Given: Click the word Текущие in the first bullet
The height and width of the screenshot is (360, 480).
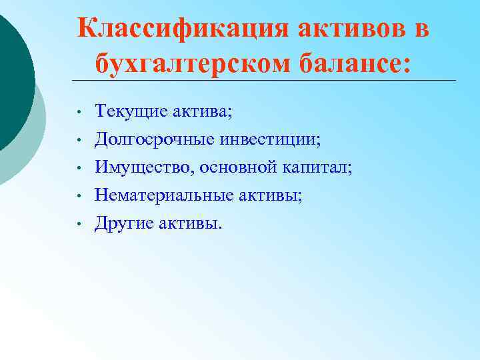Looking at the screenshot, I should [124, 111].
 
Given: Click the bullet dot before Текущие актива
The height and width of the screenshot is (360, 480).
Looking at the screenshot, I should [79, 111].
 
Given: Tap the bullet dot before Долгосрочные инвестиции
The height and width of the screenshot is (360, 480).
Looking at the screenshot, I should [79, 139].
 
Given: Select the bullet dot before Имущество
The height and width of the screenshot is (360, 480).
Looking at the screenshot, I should [79, 167].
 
